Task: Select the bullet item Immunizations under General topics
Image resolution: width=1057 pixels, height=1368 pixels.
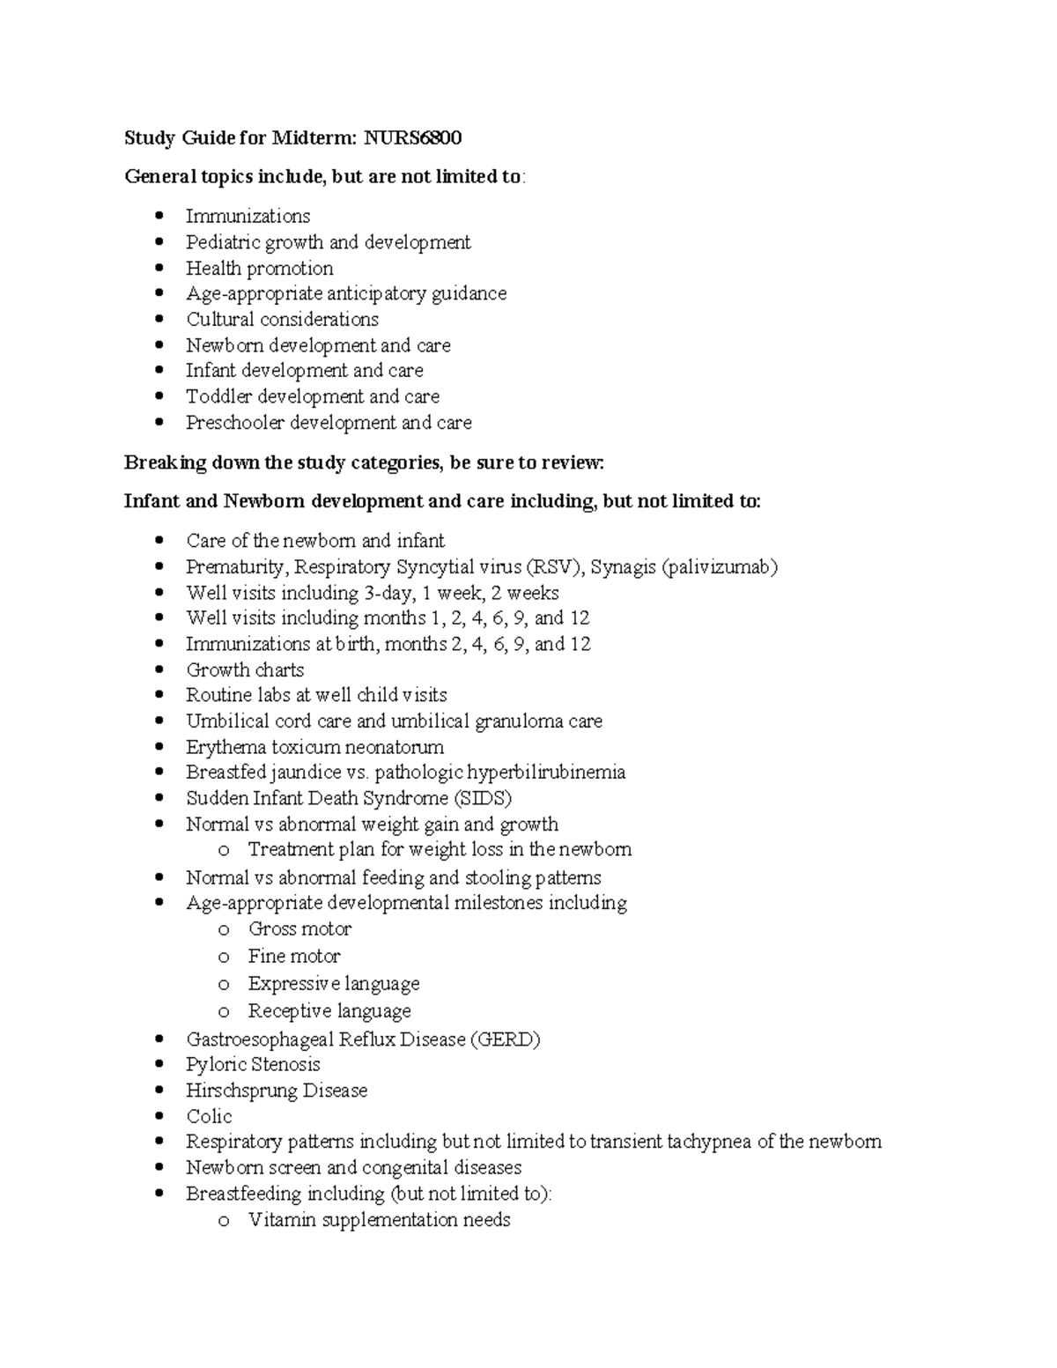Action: click(248, 217)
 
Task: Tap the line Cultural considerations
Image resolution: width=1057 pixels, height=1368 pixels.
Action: click(282, 320)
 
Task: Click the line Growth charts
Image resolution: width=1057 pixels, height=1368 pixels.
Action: click(245, 670)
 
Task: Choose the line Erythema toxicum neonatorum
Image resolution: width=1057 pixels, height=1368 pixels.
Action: click(314, 748)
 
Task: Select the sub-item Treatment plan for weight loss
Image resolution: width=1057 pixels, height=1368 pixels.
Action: click(439, 850)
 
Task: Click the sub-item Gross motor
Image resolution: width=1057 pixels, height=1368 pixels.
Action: click(299, 929)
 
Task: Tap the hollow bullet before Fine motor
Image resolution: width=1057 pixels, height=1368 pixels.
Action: click(224, 958)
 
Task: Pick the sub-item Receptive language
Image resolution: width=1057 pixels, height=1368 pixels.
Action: click(329, 1011)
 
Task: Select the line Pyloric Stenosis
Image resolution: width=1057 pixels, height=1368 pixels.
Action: click(253, 1065)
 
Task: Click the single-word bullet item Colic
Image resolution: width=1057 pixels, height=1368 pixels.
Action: click(209, 1117)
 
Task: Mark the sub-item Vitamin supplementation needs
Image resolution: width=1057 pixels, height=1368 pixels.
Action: click(379, 1220)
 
